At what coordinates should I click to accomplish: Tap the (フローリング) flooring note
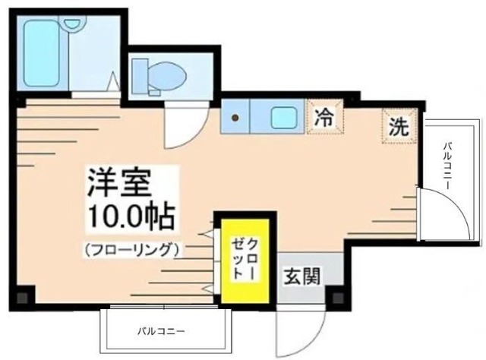point(132,249)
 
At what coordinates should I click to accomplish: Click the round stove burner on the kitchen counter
point(235,118)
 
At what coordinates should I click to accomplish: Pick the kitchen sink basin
point(284,118)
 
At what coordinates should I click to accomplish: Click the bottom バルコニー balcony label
point(161,332)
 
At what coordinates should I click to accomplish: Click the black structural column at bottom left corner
point(24,295)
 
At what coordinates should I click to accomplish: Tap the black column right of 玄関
point(337,294)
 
